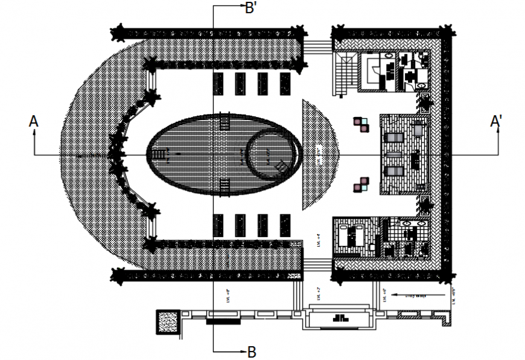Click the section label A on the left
(34, 122)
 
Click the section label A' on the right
(497, 122)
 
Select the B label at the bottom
(252, 352)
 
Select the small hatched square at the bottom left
(167, 321)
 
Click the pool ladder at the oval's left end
(161, 156)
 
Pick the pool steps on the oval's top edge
(224, 122)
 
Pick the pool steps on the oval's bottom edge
(224, 186)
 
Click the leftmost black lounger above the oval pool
(218, 83)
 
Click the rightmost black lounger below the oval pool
(284, 225)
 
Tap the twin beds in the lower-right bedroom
(351, 236)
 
